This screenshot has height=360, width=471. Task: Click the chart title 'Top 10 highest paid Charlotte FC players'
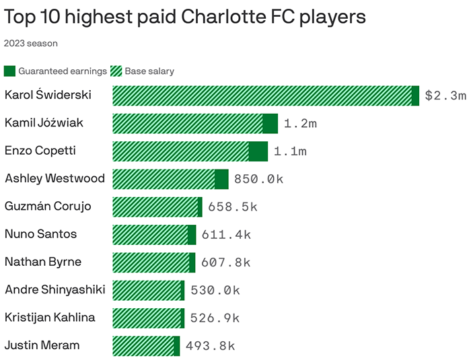(185, 16)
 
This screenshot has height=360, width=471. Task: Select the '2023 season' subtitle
(31, 44)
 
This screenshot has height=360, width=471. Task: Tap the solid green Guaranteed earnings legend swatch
(9, 71)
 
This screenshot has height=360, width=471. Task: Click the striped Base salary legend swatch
(115, 71)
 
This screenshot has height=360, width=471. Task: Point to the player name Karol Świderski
(48, 95)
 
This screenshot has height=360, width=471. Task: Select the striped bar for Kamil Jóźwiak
(187, 123)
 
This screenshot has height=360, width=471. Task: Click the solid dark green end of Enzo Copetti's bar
(258, 151)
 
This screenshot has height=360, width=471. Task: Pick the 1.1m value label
(289, 151)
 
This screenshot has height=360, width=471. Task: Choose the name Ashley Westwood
(55, 178)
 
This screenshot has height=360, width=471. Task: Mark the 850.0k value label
(258, 179)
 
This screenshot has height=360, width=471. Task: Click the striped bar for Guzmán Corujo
(155, 207)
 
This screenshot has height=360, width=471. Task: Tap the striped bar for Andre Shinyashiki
(146, 290)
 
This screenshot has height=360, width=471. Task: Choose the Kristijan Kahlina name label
(50, 317)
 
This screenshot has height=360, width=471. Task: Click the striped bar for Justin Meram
(143, 346)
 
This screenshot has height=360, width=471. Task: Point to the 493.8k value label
(210, 346)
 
